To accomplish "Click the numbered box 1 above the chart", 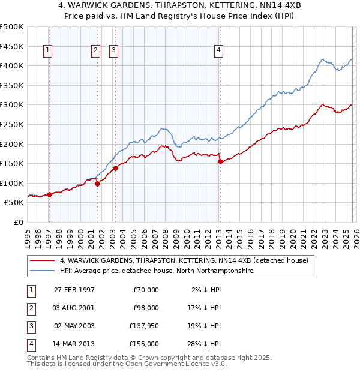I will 48,51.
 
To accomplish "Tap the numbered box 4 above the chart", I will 219,51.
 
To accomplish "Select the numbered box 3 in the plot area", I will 113,51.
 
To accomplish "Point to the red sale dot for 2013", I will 220,161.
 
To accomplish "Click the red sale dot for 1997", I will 49,194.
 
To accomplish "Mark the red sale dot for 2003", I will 115,168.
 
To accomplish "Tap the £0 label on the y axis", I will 17,222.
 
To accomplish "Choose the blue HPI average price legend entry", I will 157,271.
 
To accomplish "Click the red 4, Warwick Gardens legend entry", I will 184,260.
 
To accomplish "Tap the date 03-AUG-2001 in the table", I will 74,308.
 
